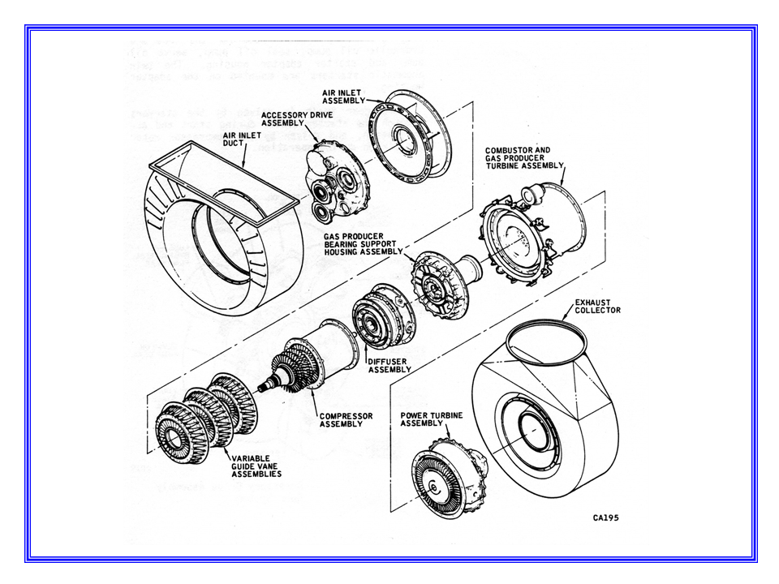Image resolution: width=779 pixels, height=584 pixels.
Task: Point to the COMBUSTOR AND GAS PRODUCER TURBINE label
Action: click(x=523, y=158)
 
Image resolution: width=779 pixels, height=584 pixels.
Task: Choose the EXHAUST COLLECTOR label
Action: click(x=597, y=306)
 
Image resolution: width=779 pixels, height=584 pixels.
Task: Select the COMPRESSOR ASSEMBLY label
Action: click(x=346, y=419)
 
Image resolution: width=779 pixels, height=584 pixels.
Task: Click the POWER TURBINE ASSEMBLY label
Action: click(x=433, y=419)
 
